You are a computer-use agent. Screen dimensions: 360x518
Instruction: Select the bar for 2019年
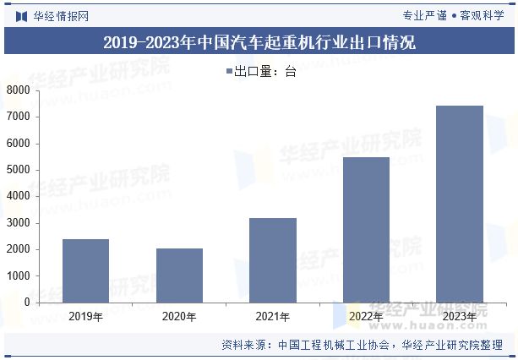coord(85,270)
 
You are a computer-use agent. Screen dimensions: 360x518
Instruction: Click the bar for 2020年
coord(179,275)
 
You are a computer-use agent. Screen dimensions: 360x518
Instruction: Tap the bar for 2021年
coord(272,259)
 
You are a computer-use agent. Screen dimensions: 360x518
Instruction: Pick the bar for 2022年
coord(366,229)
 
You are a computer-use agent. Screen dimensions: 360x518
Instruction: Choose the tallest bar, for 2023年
coord(459,204)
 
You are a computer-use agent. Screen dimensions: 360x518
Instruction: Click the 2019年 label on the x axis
coord(85,317)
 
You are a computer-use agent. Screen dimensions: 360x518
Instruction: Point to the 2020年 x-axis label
coord(179,317)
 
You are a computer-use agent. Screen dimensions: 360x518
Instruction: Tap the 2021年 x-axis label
coord(272,317)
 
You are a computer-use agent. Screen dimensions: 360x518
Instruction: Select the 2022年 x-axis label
coord(366,317)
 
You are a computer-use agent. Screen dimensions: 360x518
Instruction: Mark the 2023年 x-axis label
coord(459,317)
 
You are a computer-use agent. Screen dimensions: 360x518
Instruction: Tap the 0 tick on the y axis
coord(27,302)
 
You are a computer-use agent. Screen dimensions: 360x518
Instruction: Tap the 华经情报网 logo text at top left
coord(52,15)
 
